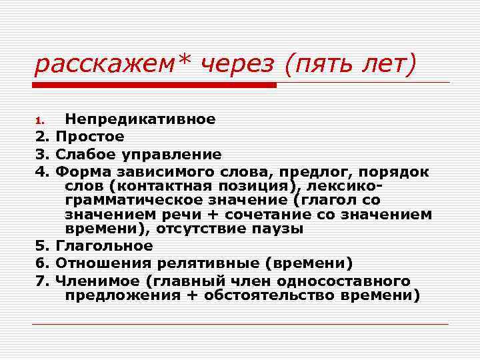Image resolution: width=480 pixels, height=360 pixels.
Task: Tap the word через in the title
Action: [231, 65]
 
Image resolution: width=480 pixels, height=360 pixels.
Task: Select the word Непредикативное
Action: [139, 119]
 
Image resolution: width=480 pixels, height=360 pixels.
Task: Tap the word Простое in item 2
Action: [90, 137]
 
